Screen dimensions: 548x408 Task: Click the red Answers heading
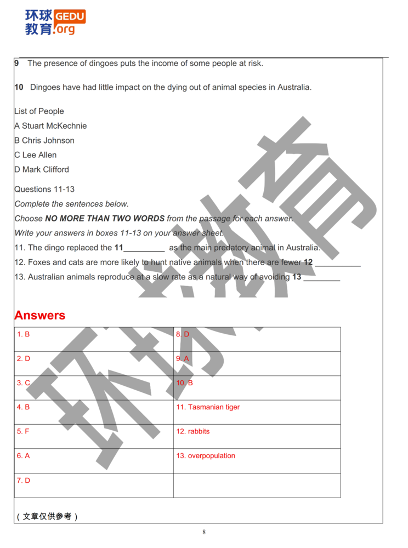[x=39, y=316]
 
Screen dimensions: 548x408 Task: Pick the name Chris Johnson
[x=48, y=140]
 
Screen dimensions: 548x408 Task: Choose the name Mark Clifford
[x=46, y=169]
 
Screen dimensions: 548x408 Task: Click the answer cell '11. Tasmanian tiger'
[x=208, y=407]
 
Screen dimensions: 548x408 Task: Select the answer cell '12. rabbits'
[x=193, y=431]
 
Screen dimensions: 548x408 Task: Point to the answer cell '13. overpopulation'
[x=206, y=455]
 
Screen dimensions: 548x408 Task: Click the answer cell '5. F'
[x=23, y=431]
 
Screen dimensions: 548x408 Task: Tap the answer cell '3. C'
[x=23, y=383]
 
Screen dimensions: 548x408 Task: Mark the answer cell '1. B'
[x=23, y=334]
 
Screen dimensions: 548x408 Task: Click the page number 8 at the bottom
[x=204, y=532]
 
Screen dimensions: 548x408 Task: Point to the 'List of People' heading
[x=39, y=111]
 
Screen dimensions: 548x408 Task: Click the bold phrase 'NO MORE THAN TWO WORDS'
[x=105, y=219]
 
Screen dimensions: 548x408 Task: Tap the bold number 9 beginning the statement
[x=16, y=63]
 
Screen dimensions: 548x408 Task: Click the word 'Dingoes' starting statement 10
[x=44, y=87]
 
